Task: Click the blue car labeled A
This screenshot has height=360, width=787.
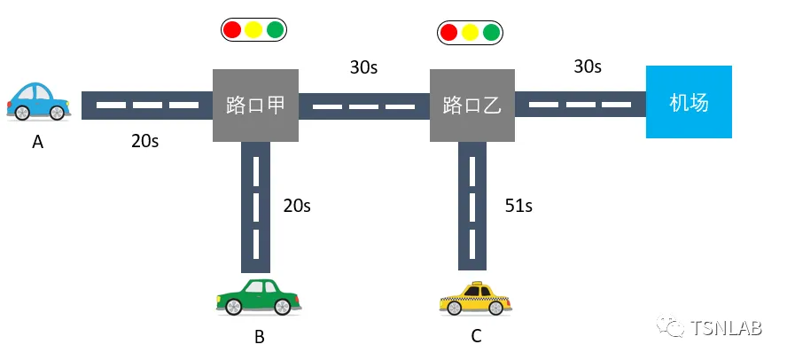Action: pyautogui.click(x=38, y=101)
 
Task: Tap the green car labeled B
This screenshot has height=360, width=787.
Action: pyautogui.click(x=259, y=297)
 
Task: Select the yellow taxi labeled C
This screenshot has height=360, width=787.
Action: pyautogui.click(x=475, y=299)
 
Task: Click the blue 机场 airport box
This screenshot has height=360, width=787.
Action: pyautogui.click(x=689, y=102)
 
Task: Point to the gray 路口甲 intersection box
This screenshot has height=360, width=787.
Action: pyautogui.click(x=255, y=106)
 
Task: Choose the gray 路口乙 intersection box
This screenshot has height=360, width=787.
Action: pyautogui.click(x=472, y=106)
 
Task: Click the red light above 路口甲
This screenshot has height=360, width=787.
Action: pyautogui.click(x=232, y=29)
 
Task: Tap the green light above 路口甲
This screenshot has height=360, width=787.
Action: pyautogui.click(x=275, y=29)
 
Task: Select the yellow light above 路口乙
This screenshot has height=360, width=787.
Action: pyautogui.click(x=471, y=32)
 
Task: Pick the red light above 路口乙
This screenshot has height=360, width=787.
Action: pyautogui.click(x=448, y=32)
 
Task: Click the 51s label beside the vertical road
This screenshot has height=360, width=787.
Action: pyautogui.click(x=518, y=206)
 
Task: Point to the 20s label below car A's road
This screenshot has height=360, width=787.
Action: pyautogui.click(x=144, y=141)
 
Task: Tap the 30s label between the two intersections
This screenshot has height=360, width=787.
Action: pyautogui.click(x=363, y=67)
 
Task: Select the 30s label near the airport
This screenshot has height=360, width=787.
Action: pyautogui.click(x=588, y=66)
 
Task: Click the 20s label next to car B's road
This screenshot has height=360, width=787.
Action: pyautogui.click(x=297, y=206)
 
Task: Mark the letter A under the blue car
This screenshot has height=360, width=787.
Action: pyautogui.click(x=37, y=143)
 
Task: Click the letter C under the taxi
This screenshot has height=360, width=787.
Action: pyautogui.click(x=476, y=336)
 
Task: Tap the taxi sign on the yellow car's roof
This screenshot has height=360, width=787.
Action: pyautogui.click(x=476, y=284)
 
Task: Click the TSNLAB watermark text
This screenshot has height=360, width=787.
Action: pyautogui.click(x=726, y=328)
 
